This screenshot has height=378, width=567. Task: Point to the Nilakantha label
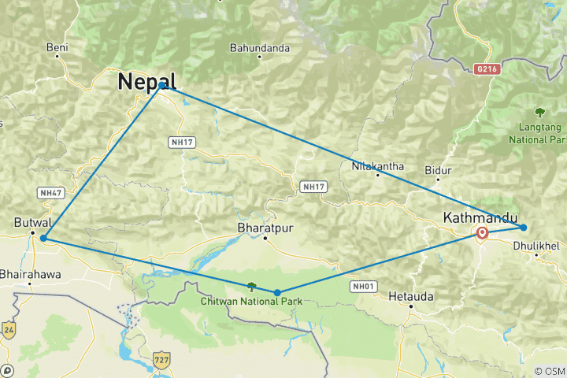(x=378, y=166)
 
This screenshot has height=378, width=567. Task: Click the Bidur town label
(x=438, y=170)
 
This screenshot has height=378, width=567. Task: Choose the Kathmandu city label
(x=480, y=217)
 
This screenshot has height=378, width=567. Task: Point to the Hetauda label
(x=410, y=297)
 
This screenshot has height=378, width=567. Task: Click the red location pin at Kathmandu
(x=482, y=233)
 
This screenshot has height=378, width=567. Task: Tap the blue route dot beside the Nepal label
(x=162, y=85)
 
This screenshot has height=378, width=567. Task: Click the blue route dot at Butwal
(x=43, y=238)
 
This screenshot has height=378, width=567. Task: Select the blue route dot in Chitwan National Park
(x=277, y=292)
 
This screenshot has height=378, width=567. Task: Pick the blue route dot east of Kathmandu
(x=524, y=228)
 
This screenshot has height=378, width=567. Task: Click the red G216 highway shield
(x=487, y=69)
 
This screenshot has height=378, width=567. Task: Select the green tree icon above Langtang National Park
(x=539, y=112)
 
